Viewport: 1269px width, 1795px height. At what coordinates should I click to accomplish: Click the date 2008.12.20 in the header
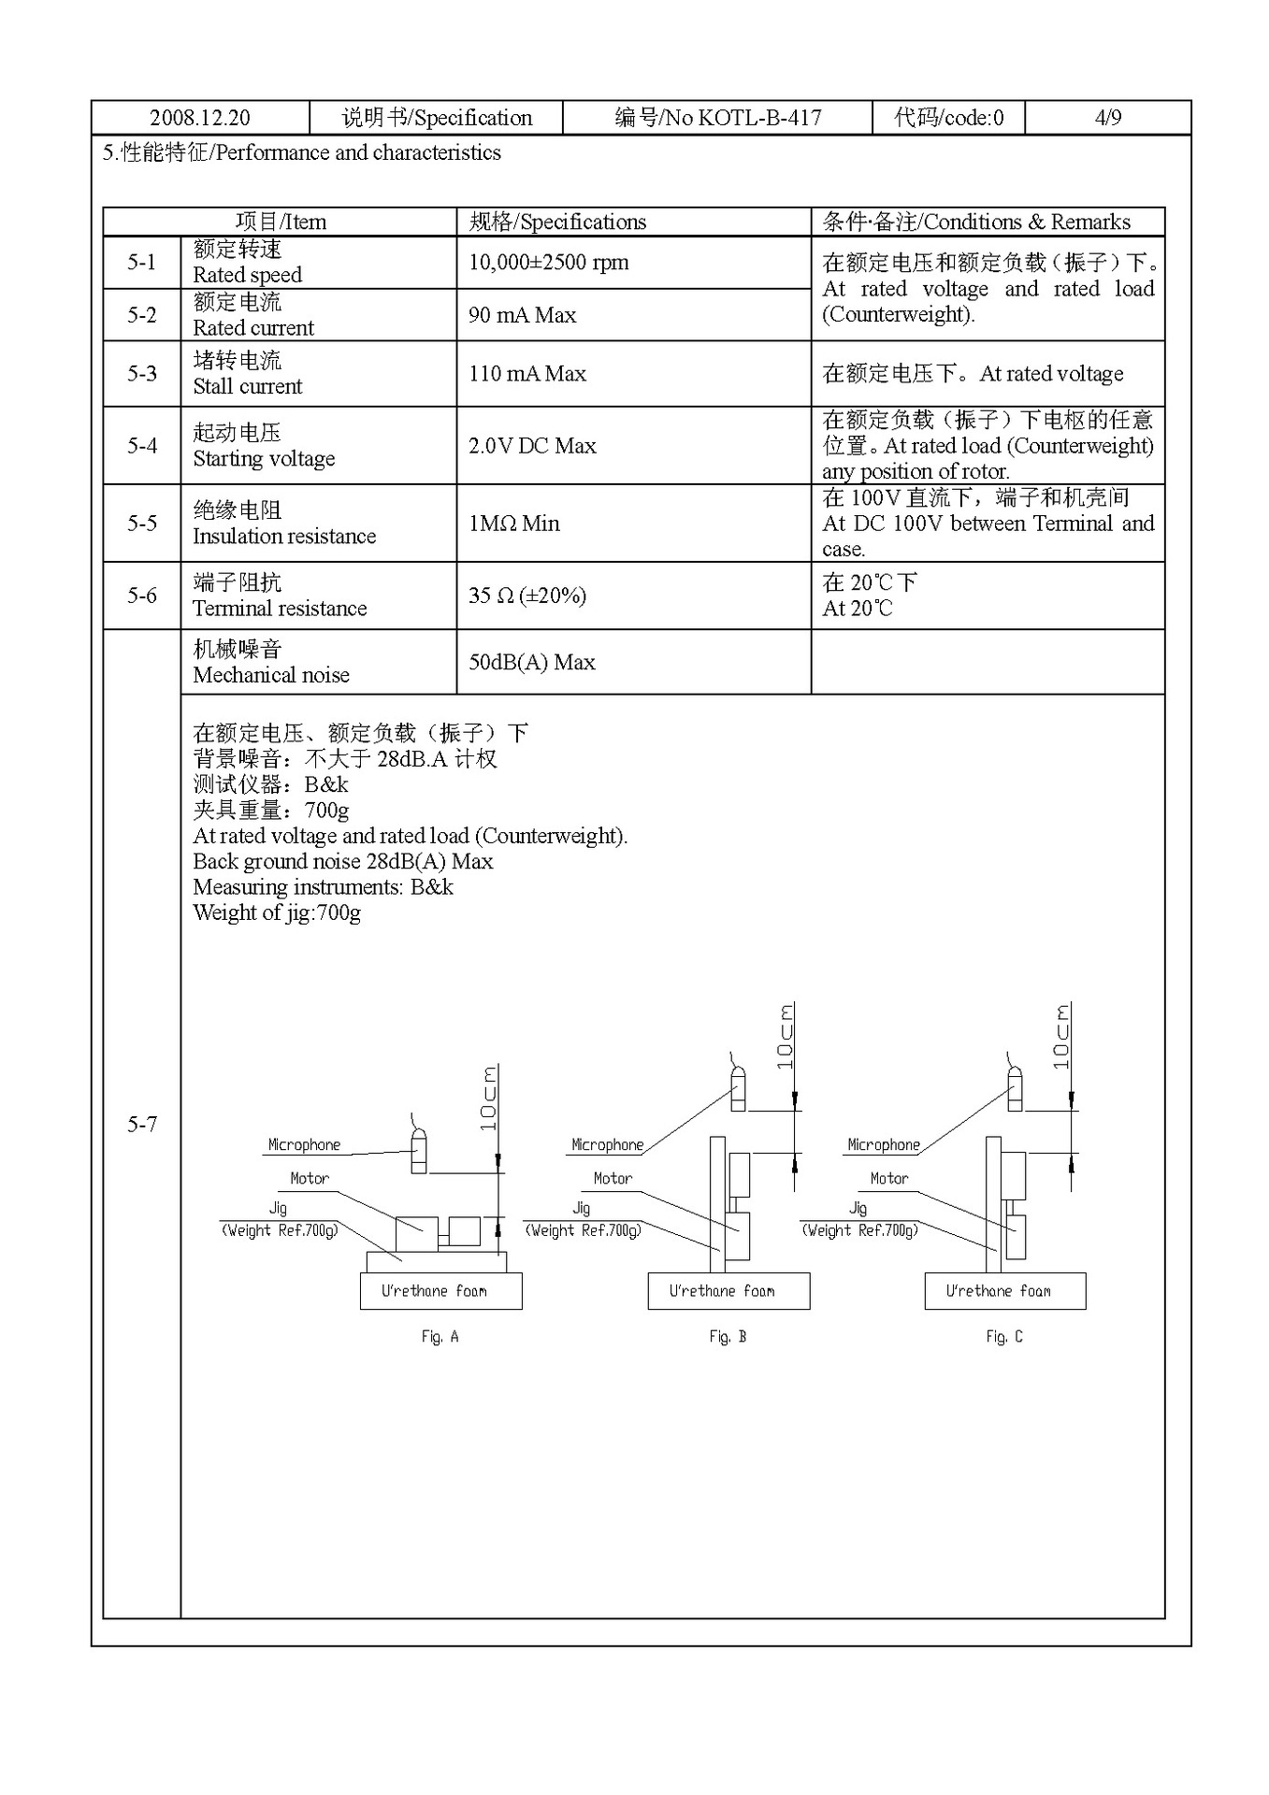[x=200, y=118]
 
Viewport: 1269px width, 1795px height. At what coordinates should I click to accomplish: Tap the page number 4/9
[x=1107, y=118]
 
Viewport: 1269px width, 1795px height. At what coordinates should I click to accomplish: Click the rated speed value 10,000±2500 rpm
[x=548, y=263]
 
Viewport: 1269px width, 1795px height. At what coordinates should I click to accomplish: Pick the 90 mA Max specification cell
[x=522, y=315]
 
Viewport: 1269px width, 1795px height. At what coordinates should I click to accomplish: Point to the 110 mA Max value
[x=526, y=374]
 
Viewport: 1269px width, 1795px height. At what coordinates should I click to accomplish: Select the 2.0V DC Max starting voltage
[x=532, y=446]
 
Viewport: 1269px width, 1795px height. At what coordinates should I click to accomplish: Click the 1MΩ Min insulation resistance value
[x=513, y=524]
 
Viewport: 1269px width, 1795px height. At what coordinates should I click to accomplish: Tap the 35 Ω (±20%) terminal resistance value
[x=526, y=596]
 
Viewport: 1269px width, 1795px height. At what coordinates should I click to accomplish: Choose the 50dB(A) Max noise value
[x=531, y=663]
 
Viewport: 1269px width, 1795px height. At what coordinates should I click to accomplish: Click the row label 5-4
[x=142, y=446]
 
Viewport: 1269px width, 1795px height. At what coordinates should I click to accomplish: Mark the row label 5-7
[x=142, y=1124]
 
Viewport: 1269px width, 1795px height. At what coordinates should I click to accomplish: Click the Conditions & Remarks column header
[x=975, y=223]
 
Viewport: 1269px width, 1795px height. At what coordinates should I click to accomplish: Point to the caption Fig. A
[x=440, y=1337]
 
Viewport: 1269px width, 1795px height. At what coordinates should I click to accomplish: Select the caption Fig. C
[x=1003, y=1337]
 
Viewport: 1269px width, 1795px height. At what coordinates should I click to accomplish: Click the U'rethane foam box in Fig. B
[x=728, y=1291]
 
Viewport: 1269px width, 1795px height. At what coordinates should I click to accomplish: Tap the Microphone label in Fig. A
[x=304, y=1145]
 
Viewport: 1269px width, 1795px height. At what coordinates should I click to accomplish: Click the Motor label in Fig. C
[x=888, y=1179]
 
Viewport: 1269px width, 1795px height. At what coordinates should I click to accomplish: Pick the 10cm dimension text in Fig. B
[x=786, y=1037]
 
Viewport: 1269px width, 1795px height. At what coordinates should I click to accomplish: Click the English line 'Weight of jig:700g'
[x=277, y=913]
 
